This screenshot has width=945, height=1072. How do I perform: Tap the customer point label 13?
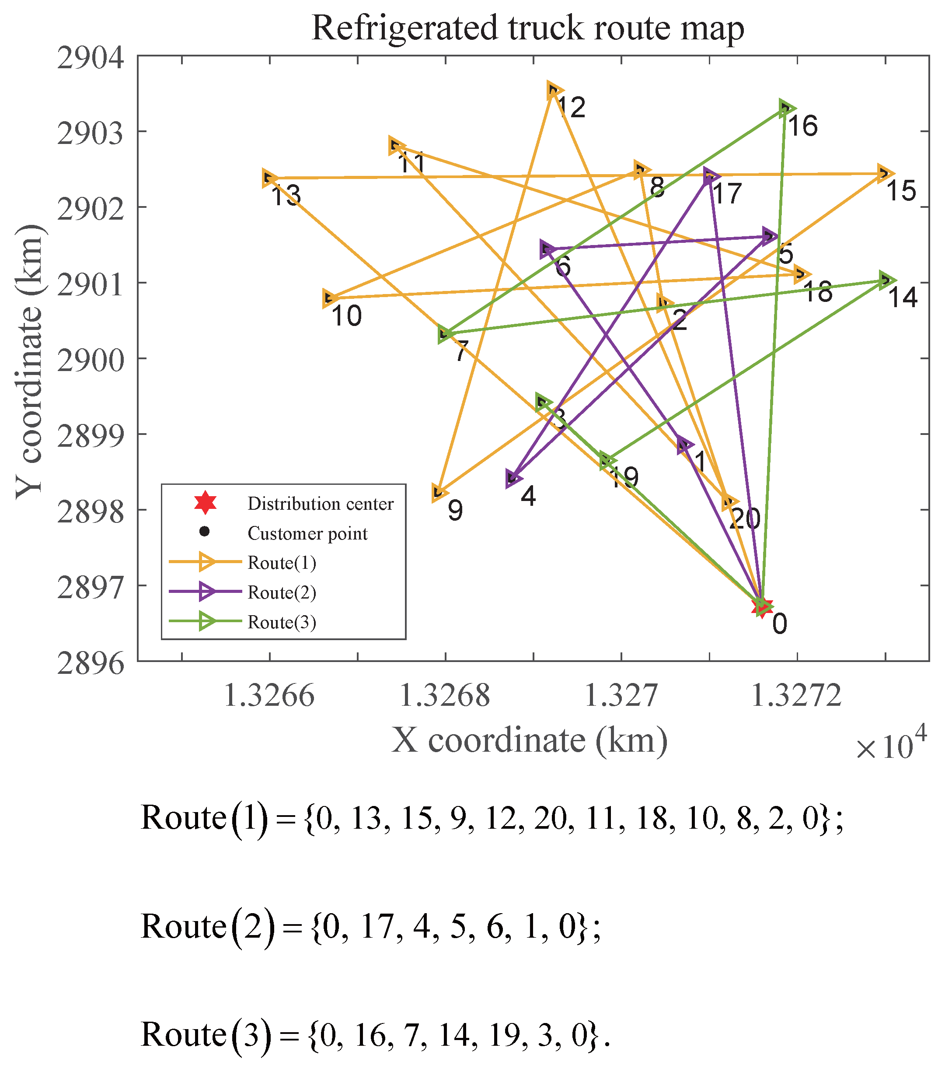click(286, 196)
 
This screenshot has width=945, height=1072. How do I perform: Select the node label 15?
click(900, 191)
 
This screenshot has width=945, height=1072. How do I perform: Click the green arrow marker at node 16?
click(786, 109)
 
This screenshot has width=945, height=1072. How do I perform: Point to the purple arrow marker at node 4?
click(514, 478)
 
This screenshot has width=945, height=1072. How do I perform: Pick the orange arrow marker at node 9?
click(439, 492)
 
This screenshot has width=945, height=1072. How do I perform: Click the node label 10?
click(346, 316)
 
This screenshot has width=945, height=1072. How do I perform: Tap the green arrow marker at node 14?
click(886, 280)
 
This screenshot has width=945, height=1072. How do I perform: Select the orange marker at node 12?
click(554, 91)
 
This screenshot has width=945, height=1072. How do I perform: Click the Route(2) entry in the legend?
click(282, 592)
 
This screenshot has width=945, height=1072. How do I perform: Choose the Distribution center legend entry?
click(320, 504)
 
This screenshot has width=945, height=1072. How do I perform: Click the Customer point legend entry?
click(308, 533)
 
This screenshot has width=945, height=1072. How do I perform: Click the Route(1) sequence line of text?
click(492, 818)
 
